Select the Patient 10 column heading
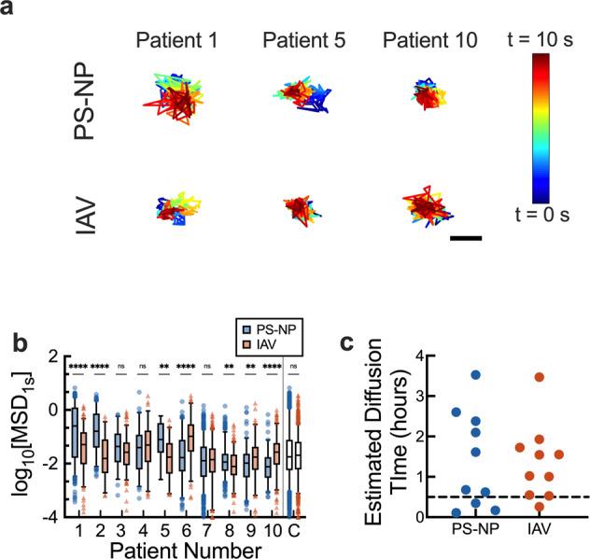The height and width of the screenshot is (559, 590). pos(428,40)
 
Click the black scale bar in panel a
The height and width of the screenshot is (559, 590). pos(465,238)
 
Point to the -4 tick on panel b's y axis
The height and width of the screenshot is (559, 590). pos(51,516)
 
